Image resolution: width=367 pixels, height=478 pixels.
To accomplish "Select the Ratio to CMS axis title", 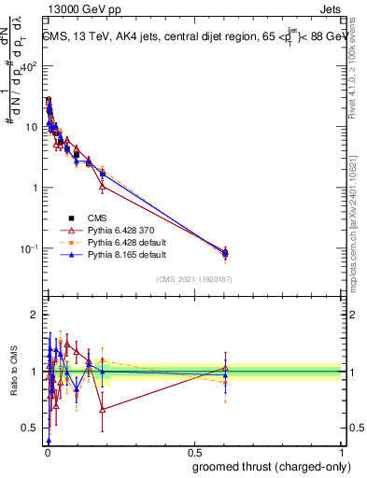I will (x=14, y=373).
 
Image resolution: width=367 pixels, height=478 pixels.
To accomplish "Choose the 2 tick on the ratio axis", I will (x=35, y=315).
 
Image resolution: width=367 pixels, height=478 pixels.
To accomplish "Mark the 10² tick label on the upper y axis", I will (x=30, y=66).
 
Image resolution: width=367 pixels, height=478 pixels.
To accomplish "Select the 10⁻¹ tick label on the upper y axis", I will (x=30, y=248).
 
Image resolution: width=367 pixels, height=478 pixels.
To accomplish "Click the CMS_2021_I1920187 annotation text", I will (x=193, y=278).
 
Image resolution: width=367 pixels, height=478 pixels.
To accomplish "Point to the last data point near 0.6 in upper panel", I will (x=225, y=253).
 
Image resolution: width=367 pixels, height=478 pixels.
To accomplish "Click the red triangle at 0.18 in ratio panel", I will (x=102, y=409).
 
